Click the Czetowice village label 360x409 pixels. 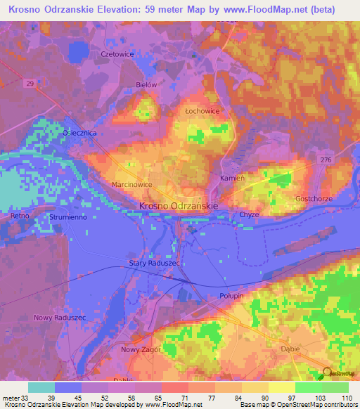(96, 53)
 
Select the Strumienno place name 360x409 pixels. (67, 217)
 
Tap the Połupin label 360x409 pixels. (231, 296)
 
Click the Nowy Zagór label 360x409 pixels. (141, 349)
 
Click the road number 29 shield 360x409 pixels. (30, 83)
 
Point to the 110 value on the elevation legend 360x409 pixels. (346, 398)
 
